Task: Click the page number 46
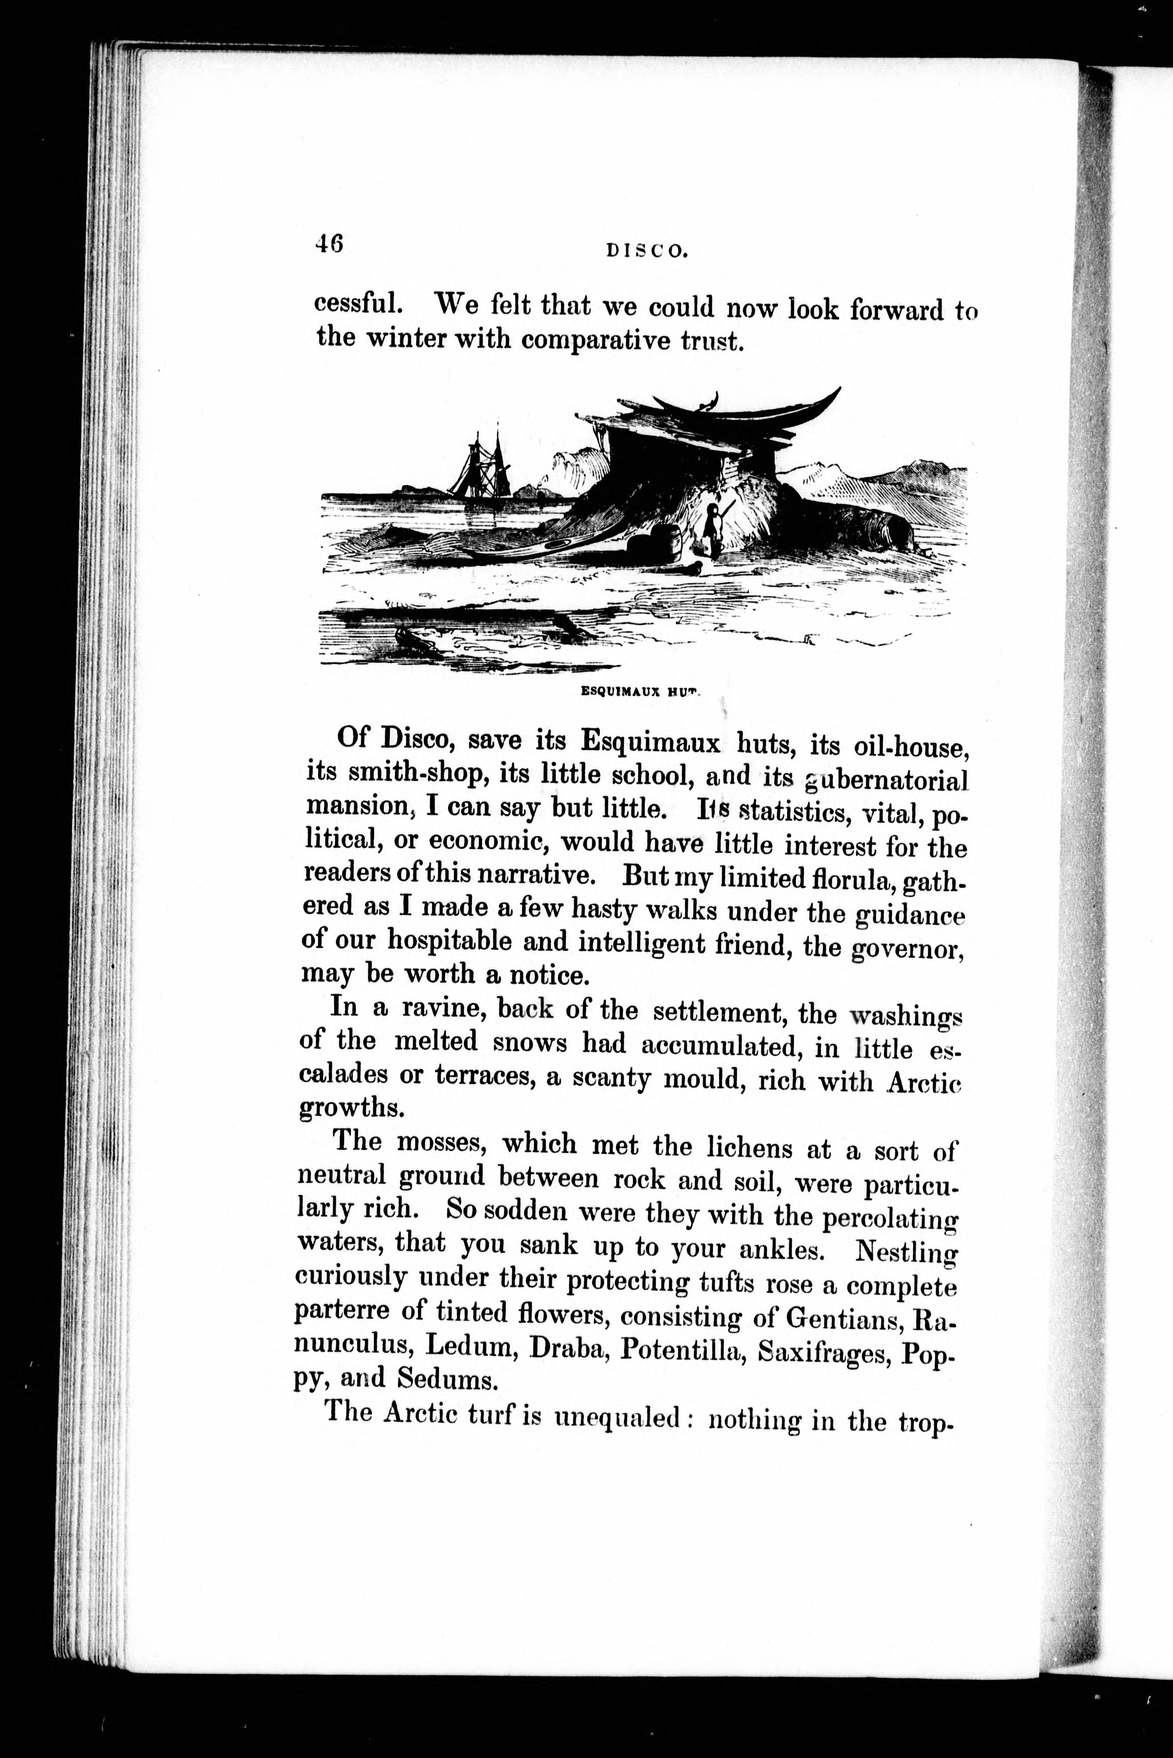point(329,244)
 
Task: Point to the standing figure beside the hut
point(712,529)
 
